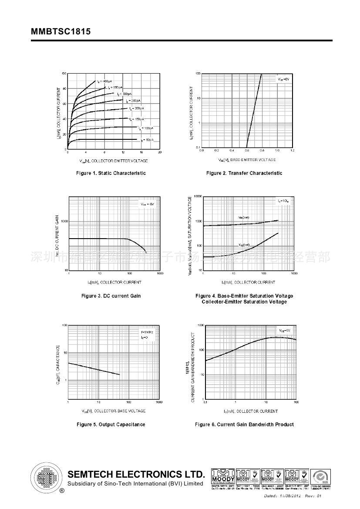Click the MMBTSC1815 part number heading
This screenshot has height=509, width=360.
(x=61, y=32)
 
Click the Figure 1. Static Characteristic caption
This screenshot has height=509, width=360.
(x=111, y=173)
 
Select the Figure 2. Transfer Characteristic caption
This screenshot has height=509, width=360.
(x=244, y=173)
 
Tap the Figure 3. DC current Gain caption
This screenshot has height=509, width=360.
(x=111, y=296)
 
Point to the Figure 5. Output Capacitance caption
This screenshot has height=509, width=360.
(x=111, y=425)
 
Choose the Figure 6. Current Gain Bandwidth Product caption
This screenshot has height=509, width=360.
(x=244, y=425)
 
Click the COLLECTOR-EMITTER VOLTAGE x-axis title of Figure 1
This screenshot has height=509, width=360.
(x=114, y=161)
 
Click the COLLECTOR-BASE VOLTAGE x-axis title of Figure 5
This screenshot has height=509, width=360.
(x=114, y=411)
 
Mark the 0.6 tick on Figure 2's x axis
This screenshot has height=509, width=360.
(x=247, y=151)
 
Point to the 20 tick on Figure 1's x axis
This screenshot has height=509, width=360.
(x=160, y=152)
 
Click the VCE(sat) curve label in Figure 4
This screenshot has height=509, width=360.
(x=244, y=244)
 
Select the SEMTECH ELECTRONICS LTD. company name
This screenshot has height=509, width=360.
(x=136, y=474)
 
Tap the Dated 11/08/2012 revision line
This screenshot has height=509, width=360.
(x=293, y=496)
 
